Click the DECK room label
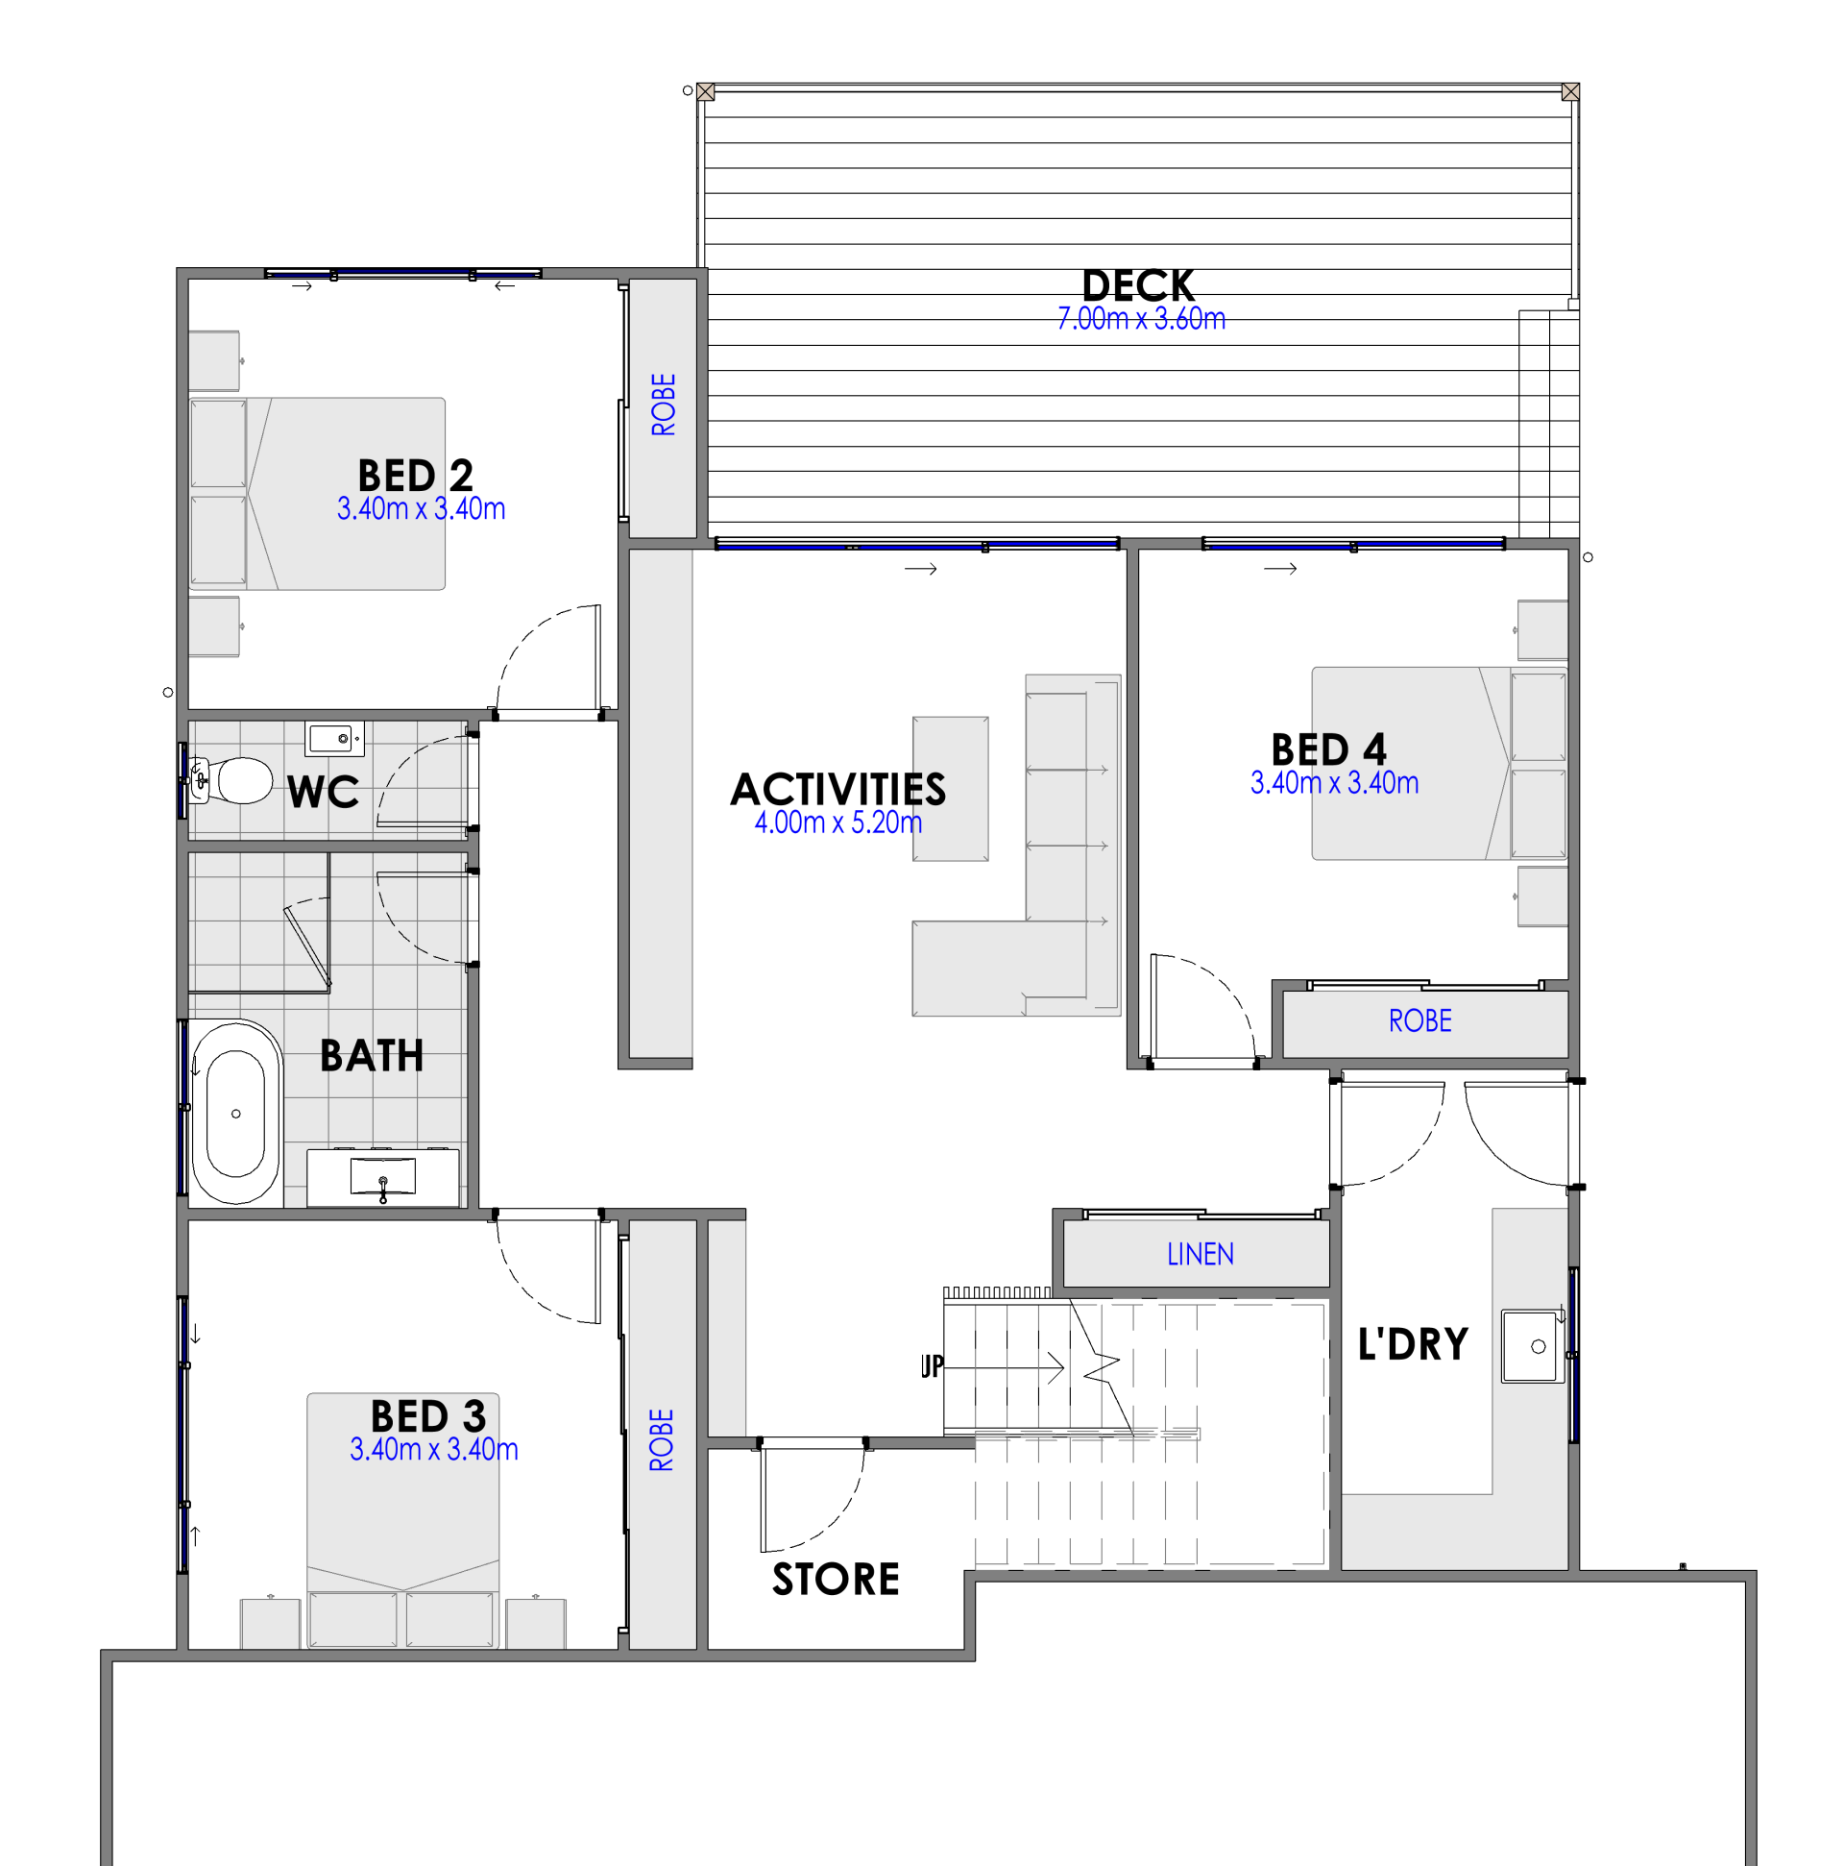1137,285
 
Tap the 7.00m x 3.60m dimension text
1140,319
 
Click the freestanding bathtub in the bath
235,1113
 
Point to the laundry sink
1533,1345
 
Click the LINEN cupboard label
1201,1254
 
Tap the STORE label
836,1579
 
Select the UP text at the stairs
932,1365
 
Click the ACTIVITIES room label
838,789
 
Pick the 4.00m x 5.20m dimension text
838,822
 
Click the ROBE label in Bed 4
1419,1019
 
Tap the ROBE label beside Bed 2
664,405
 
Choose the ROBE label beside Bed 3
662,1440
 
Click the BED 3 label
427,1417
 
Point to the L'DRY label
1413,1343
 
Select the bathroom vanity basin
382,1177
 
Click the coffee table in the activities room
950,788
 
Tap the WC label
323,792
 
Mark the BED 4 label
1328,749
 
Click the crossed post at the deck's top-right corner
1570,91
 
